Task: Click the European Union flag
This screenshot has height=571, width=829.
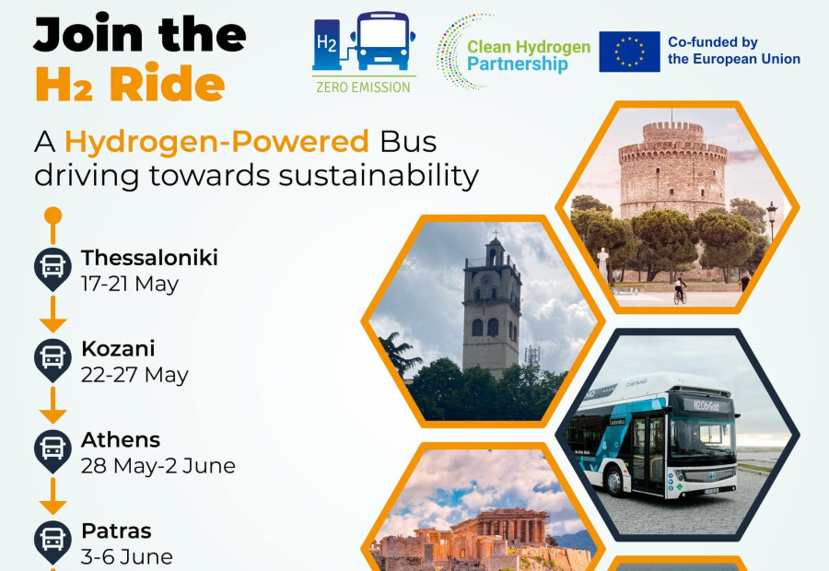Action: click(629, 52)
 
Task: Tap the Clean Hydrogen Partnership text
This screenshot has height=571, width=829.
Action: click(528, 55)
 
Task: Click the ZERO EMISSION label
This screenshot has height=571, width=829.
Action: click(363, 87)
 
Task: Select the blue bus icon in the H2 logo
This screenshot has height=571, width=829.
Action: click(382, 41)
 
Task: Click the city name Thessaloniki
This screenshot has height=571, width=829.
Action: click(149, 258)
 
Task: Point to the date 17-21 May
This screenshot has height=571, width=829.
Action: click(130, 284)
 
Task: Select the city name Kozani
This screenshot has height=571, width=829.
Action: click(118, 349)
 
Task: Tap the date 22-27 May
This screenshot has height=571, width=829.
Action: click(134, 375)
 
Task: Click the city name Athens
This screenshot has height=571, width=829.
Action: click(121, 440)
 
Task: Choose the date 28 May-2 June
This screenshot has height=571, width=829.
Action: click(158, 466)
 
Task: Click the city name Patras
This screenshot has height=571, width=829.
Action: click(116, 531)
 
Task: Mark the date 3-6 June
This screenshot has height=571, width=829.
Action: click(126, 557)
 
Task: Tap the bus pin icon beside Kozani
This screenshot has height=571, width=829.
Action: click(53, 357)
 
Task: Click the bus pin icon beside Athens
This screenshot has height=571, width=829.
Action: click(53, 449)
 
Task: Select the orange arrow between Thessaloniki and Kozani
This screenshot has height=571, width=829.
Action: click(53, 315)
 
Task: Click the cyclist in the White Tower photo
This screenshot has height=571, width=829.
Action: click(680, 290)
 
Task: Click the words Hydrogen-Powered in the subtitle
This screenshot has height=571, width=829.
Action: click(216, 142)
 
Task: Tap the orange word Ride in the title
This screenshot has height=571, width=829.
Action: click(167, 85)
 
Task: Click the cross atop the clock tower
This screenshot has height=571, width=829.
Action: click(494, 233)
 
